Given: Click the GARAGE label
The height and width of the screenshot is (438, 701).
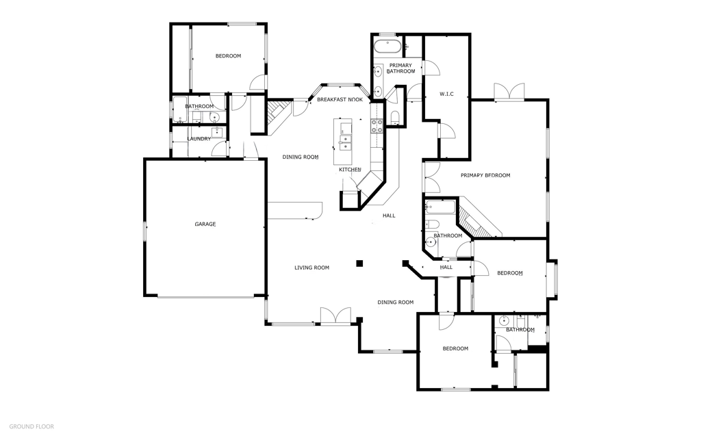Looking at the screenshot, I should [x=205, y=224].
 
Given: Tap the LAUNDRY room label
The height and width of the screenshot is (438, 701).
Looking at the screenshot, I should [x=199, y=139].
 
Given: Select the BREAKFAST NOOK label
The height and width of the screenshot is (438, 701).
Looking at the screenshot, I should [x=340, y=100].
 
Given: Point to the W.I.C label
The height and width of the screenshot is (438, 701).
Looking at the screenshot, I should [x=446, y=94].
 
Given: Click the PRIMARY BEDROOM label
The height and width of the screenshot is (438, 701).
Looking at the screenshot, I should [x=485, y=175].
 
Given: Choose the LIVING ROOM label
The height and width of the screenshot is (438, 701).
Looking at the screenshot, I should [x=311, y=268].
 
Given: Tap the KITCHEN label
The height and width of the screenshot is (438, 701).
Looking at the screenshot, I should [x=350, y=170].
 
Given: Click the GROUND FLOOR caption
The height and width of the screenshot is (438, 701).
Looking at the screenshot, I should [x=31, y=426].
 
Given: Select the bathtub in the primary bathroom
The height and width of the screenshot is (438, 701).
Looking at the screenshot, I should [x=388, y=47].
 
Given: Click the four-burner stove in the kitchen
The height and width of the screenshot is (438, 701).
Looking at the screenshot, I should [x=377, y=125].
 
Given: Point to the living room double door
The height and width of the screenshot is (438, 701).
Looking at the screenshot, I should [x=335, y=315].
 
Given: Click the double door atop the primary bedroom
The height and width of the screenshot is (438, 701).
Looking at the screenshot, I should [x=509, y=92].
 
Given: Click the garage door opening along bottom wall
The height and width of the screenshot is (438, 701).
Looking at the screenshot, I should [x=205, y=296].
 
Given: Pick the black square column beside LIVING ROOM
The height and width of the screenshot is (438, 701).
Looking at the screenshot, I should [x=359, y=262].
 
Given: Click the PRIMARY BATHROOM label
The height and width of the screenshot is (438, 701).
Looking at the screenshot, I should [x=400, y=68].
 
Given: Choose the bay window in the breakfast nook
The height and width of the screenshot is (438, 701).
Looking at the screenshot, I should [x=340, y=85].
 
